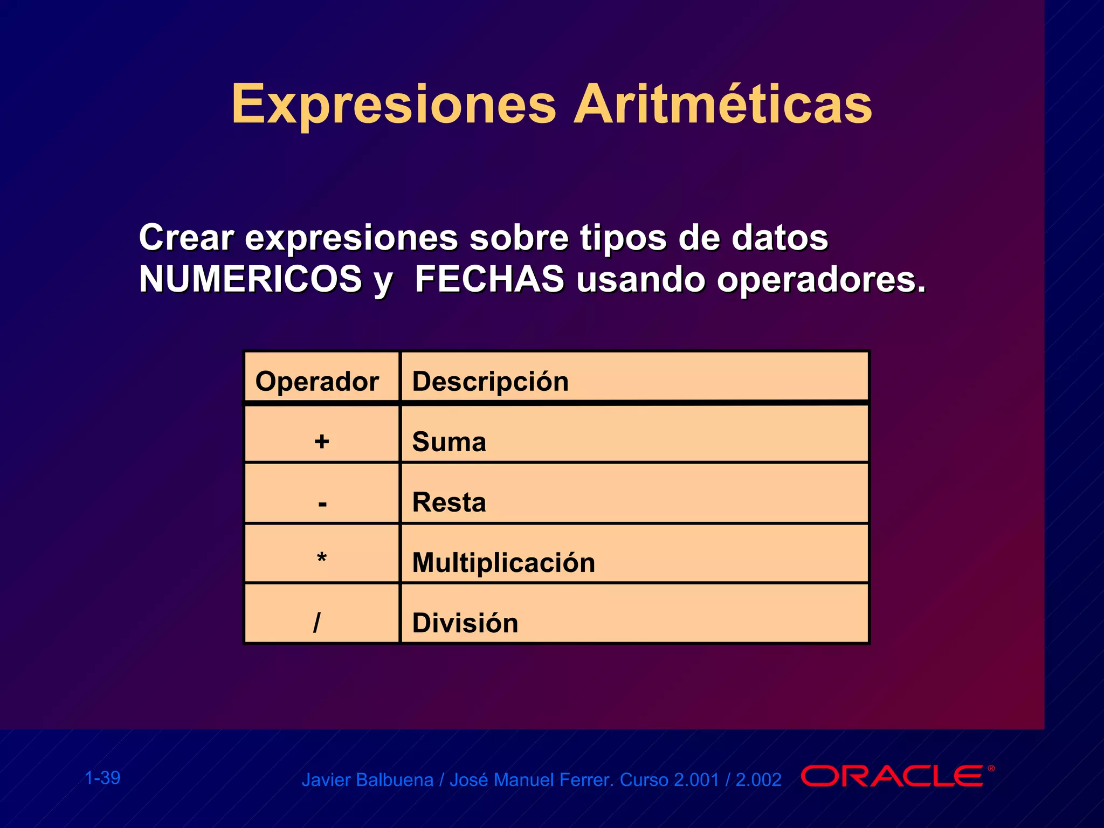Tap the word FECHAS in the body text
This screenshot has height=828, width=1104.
coord(489,279)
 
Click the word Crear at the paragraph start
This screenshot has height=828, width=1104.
coord(186,237)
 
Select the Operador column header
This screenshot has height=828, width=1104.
coord(317,382)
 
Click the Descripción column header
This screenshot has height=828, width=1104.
coord(490,382)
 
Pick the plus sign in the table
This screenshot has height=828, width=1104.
coord(322,441)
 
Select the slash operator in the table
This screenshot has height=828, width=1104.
coord(317,623)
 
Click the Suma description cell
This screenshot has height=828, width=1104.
coord(449,442)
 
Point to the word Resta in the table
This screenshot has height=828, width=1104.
coord(449,502)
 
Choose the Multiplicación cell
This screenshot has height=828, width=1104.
coord(503,563)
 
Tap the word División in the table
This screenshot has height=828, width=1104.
coord(465,623)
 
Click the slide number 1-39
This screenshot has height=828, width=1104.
coord(102,778)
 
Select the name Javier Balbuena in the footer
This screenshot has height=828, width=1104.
coord(367,780)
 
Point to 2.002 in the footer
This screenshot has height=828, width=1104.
coord(758,780)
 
